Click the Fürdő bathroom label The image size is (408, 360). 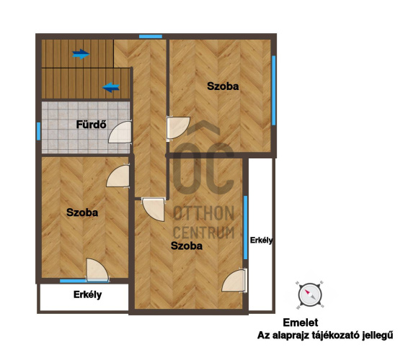[91, 125]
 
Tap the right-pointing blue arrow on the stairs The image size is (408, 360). [81, 54]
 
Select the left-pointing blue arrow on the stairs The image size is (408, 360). [111, 87]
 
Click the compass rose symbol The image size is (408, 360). [310, 295]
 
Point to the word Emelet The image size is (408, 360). [301, 323]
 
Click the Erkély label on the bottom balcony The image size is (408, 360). [87, 294]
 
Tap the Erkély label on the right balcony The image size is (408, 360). [261, 240]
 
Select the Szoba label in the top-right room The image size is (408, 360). [223, 86]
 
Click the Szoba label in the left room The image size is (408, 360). [82, 212]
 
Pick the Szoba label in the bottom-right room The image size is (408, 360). [187, 246]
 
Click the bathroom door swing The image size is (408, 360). [120, 132]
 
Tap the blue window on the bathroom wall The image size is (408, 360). [38, 131]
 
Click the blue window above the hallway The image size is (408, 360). [151, 37]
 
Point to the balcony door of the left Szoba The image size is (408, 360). [97, 270]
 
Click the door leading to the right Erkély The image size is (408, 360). [234, 281]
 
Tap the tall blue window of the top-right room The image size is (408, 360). [274, 91]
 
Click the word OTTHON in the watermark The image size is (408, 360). [204, 213]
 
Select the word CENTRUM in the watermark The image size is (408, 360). [204, 233]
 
